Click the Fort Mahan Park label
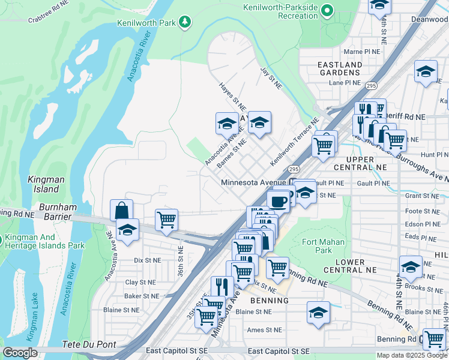tap(316, 246)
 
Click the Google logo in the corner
tap(20, 353)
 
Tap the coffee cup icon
tap(278, 202)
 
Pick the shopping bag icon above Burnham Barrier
tap(121, 211)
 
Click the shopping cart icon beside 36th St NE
tap(166, 219)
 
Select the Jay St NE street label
tap(271, 79)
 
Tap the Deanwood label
tap(429, 19)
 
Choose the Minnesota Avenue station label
tap(255, 182)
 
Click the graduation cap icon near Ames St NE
tap(318, 313)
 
